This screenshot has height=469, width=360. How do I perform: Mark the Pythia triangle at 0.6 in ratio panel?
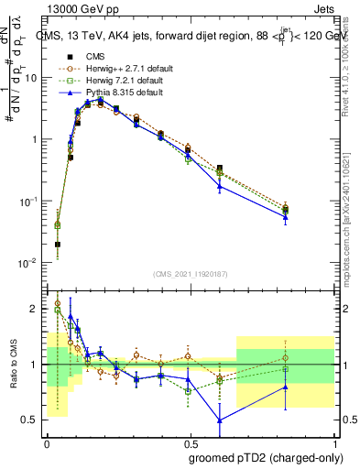pyautogui.click(x=220, y=420)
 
